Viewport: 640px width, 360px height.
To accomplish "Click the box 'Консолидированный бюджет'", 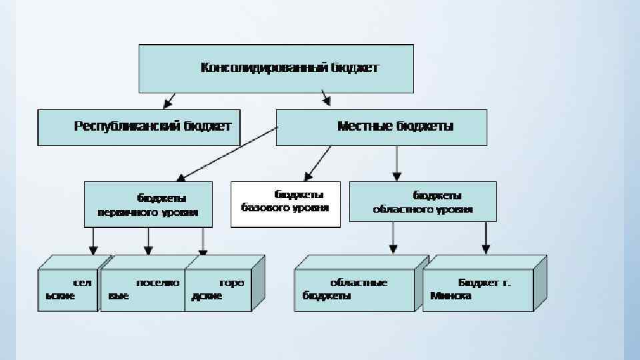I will coord(275,68).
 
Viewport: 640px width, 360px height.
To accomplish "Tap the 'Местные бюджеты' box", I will coord(381,127).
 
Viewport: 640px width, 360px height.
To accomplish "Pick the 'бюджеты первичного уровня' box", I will coord(148,204).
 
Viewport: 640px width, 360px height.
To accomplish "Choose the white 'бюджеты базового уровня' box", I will coord(285,204).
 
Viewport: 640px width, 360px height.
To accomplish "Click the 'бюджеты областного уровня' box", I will coord(423,201).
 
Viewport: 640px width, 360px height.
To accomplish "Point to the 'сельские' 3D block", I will coord(67,290).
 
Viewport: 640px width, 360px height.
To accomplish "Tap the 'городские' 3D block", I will coord(217,290).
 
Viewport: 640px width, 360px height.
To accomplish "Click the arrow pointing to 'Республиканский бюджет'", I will coord(169,101).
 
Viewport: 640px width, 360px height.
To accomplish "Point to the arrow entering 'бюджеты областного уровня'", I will coord(397,163).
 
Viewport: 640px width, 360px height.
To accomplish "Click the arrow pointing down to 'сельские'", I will coord(93,240).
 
